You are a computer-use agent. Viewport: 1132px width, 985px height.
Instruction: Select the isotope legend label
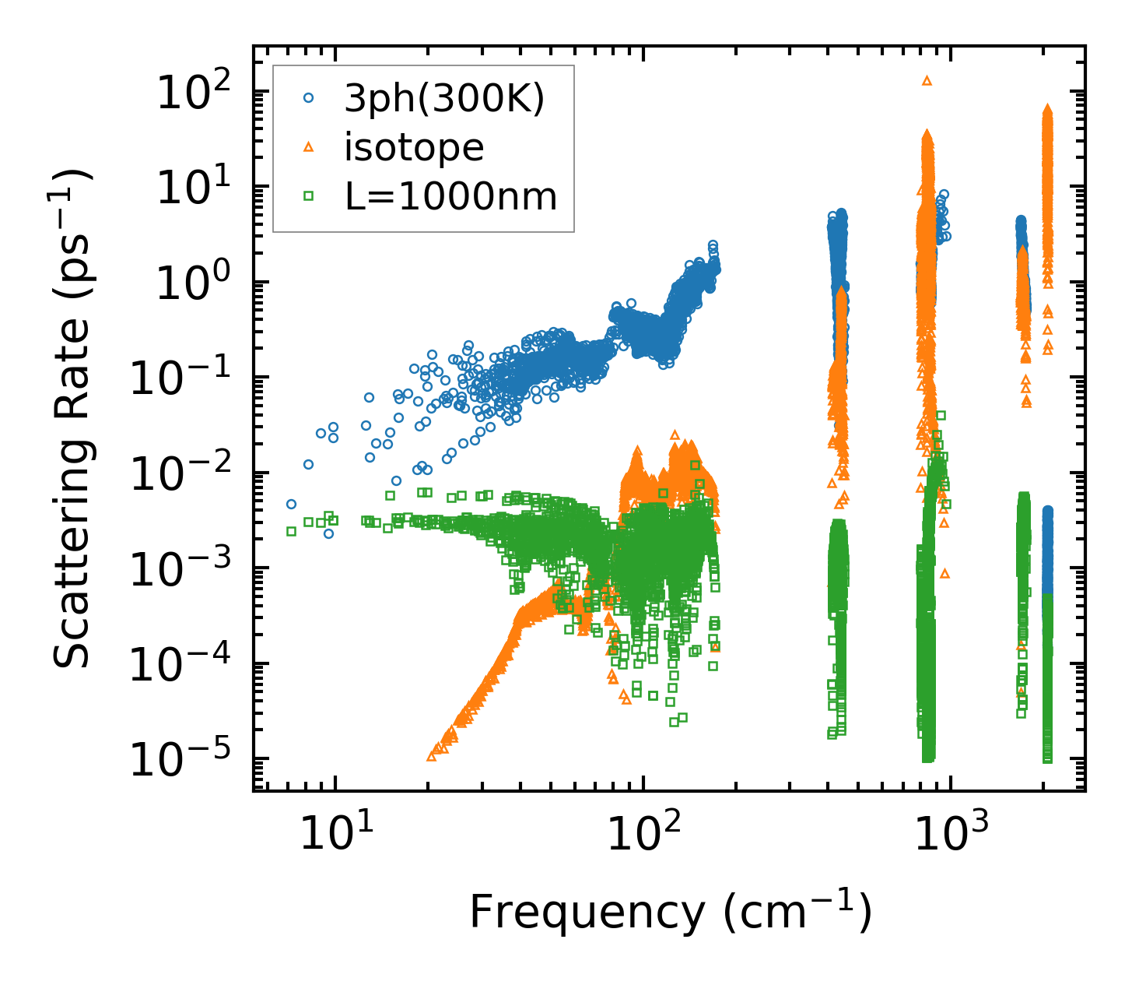point(414,147)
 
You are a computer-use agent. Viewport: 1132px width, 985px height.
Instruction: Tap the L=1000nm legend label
point(451,197)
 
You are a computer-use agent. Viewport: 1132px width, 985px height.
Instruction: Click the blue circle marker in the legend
point(309,99)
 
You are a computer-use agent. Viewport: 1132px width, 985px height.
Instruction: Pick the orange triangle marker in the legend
point(309,147)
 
